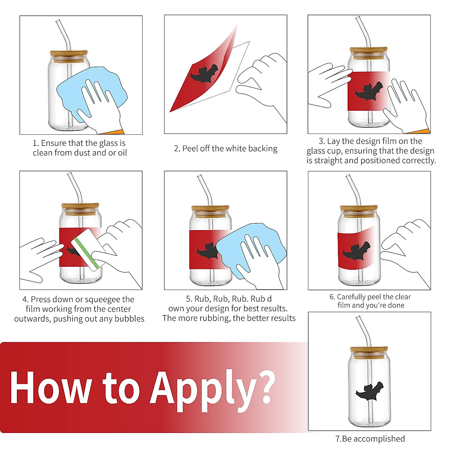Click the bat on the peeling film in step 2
pyautogui.click(x=204, y=74)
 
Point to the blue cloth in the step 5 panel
pyautogui.click(x=251, y=250)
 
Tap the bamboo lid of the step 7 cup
pyautogui.click(x=369, y=352)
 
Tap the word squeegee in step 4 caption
pyautogui.click(x=103, y=300)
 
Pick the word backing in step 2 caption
pyautogui.click(x=263, y=149)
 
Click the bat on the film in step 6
pyautogui.click(x=357, y=251)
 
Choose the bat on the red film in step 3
pyautogui.click(x=369, y=91)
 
